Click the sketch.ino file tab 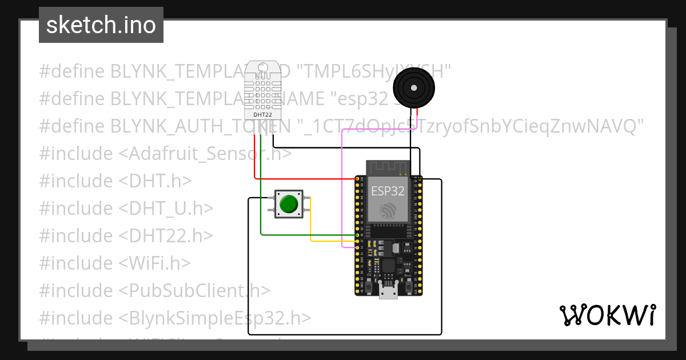(101, 25)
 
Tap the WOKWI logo (607, 315)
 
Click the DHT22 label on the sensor (262, 114)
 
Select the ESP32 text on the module (388, 190)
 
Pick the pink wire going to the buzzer (342, 189)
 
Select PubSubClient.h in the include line (194, 290)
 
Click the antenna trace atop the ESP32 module (388, 167)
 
